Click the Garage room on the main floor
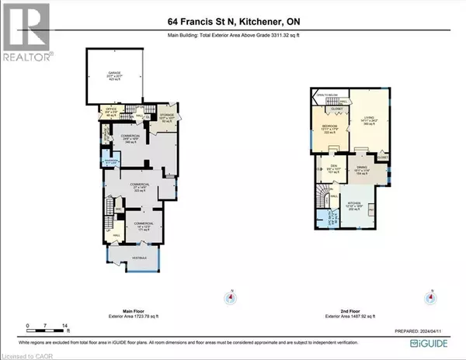[119, 76]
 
